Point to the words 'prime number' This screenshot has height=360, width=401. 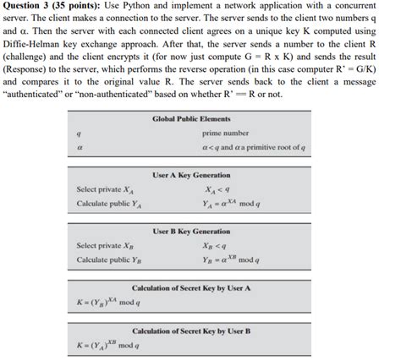point(226,134)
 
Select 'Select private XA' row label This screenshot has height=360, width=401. point(106,189)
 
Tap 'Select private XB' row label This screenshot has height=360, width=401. point(106,245)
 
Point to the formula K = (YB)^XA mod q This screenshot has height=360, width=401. point(108,303)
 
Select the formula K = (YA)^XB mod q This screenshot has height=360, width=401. point(108,345)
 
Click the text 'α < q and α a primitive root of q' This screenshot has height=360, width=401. point(245,147)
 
